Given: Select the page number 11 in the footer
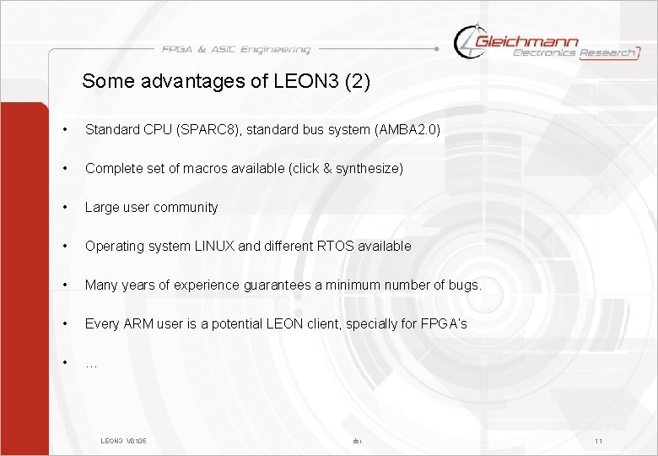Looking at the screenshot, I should pyautogui.click(x=598, y=441).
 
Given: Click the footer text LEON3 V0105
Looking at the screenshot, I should pyautogui.click(x=123, y=441).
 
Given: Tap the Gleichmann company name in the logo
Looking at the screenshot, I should pyautogui.click(x=527, y=41).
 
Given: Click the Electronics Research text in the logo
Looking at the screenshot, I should pyautogui.click(x=574, y=53).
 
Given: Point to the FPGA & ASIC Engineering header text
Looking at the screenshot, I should pyautogui.click(x=236, y=50).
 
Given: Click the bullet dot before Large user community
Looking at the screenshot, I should pyautogui.click(x=64, y=207).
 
